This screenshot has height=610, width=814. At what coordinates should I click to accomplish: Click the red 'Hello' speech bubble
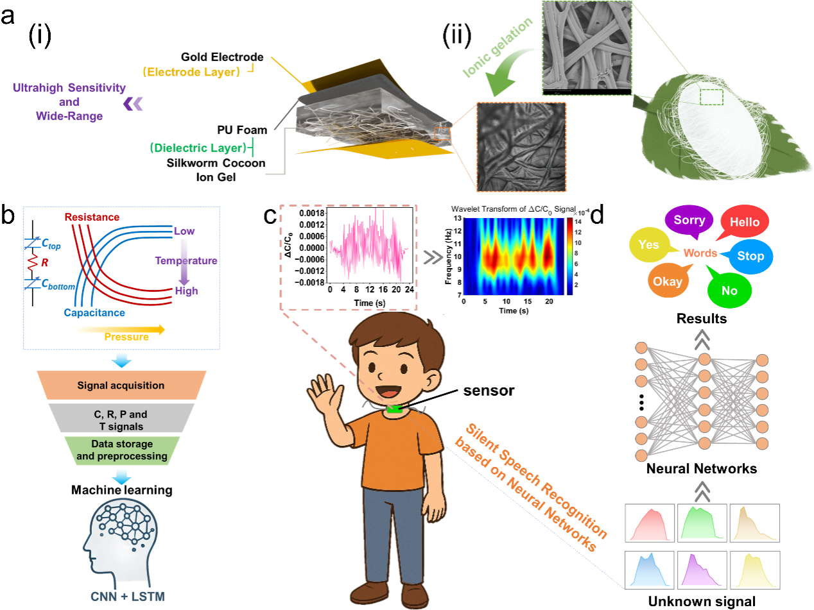pyautogui.click(x=745, y=223)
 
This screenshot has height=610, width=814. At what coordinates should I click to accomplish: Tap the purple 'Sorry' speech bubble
pyautogui.click(x=689, y=220)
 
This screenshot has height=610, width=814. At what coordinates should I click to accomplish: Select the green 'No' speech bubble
pyautogui.click(x=729, y=290)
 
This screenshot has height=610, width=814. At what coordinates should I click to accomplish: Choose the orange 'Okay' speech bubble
pyautogui.click(x=668, y=281)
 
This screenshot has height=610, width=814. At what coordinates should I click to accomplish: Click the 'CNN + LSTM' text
pyautogui.click(x=129, y=597)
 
